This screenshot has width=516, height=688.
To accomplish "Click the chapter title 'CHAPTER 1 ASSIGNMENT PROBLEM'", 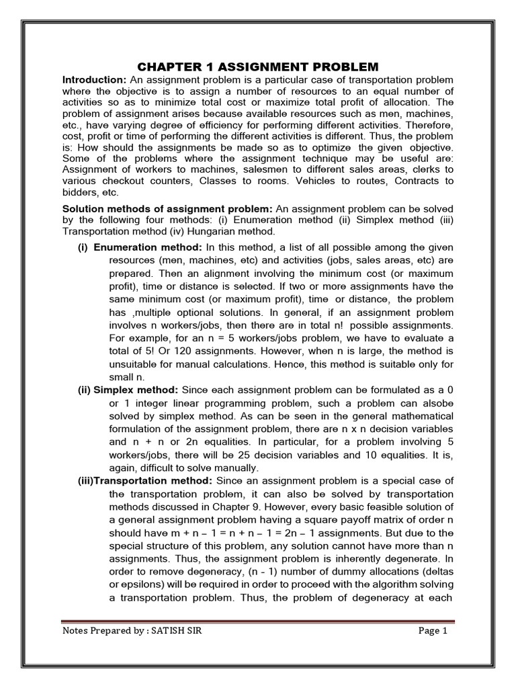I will click(258, 67).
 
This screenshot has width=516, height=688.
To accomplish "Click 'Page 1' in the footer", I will click(432, 631).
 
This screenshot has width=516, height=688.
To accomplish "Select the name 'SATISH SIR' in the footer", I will click(181, 631).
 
